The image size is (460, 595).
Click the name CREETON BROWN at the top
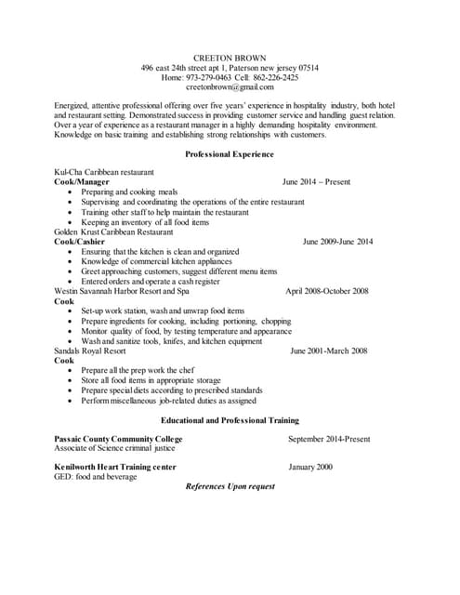pyautogui.click(x=229, y=58)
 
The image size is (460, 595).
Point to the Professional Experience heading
pyautogui.click(x=230, y=153)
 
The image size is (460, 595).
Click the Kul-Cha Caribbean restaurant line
pyautogui.click(x=104, y=172)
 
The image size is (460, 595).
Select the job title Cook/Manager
pyautogui.click(x=82, y=182)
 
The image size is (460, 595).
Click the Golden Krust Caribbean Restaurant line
pyautogui.click(x=112, y=231)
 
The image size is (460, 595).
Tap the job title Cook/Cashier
pyautogui.click(x=80, y=242)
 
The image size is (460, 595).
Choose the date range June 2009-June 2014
pyautogui.click(x=337, y=242)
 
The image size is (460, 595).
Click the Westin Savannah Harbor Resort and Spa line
pyautogui.click(x=121, y=291)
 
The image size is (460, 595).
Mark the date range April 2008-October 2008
pyautogui.click(x=327, y=291)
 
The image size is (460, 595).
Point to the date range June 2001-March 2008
pyautogui.click(x=329, y=350)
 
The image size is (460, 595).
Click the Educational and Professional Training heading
pyautogui.click(x=230, y=420)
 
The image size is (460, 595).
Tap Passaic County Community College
pyautogui.click(x=118, y=439)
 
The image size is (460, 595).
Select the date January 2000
pyautogui.click(x=310, y=466)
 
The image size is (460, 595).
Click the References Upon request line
pyautogui.click(x=230, y=486)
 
